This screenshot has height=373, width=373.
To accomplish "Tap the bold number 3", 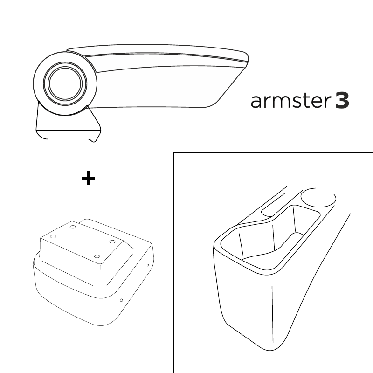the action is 342,100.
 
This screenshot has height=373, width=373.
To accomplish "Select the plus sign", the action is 88,178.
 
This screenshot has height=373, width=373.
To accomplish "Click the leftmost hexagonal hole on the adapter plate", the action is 53,237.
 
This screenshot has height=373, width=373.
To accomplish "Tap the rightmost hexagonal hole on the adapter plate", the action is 112,242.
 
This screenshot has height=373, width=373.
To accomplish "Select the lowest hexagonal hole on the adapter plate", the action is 97,256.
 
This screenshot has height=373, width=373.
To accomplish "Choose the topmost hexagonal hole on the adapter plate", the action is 73,227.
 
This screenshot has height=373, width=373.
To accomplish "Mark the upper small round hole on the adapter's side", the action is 148,265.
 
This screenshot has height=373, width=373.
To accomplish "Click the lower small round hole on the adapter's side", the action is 121,300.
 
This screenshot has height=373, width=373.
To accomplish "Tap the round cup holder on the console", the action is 318,197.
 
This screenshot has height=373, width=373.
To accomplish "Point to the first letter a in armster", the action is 256,102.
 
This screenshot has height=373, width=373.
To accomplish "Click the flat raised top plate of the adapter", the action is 82,242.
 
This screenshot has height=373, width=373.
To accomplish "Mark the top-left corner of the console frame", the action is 174,152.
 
